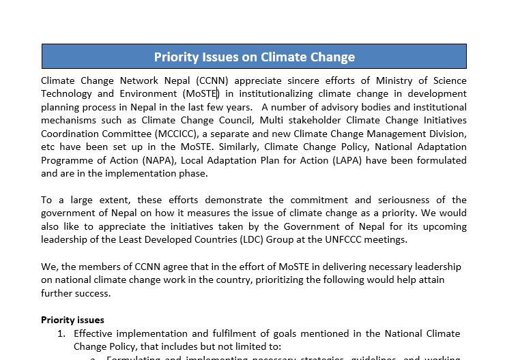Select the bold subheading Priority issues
(72, 319)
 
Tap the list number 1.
(61, 333)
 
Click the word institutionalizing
(273, 93)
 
